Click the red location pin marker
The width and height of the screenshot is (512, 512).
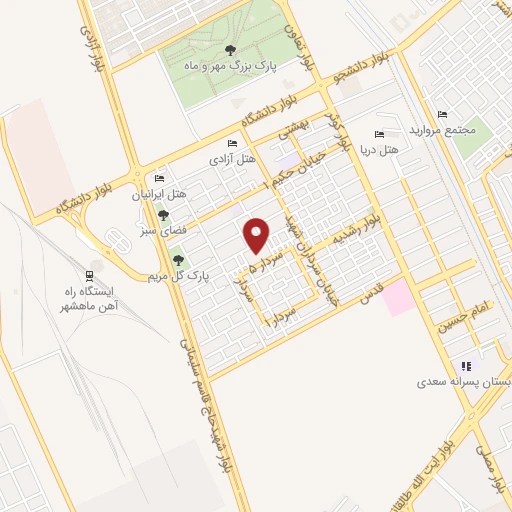257,236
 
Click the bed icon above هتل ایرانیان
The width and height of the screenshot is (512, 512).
159,179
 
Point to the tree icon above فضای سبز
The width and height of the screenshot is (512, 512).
164,215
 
